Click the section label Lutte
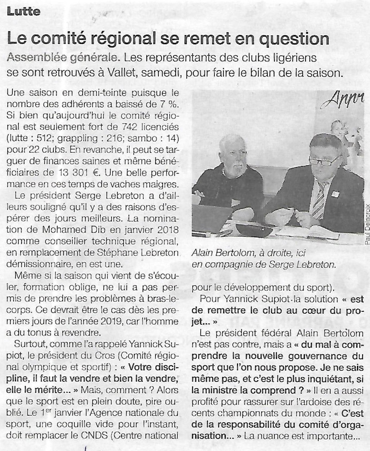(23, 11)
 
